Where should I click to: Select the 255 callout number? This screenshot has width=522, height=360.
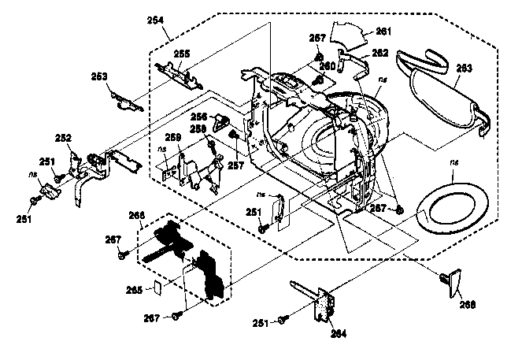tap(181, 54)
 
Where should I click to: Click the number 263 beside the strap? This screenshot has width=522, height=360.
tap(465, 69)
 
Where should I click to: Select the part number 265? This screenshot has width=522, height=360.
tap(135, 289)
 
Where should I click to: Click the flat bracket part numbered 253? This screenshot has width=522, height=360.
tap(123, 95)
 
